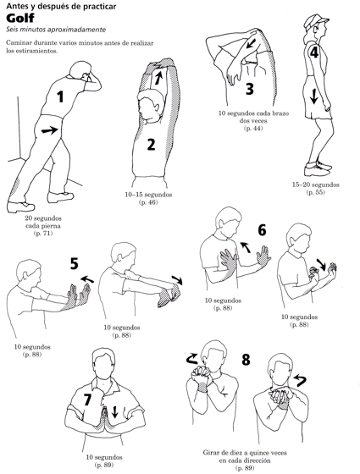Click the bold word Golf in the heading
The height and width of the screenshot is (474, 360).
tap(20, 18)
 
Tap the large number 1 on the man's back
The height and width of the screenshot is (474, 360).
tap(60, 96)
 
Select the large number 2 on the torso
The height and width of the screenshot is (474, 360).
tap(151, 144)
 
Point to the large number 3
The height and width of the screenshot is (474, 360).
tap(250, 89)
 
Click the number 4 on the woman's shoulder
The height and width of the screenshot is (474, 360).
tap(313, 52)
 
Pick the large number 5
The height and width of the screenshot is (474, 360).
tap(75, 263)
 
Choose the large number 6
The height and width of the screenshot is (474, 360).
tap(262, 230)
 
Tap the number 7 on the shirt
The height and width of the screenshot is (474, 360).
tap(87, 400)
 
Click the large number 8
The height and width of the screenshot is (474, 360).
tap(246, 360)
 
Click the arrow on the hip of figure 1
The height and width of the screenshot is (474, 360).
tap(49, 130)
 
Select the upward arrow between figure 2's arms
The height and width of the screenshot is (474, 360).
tap(158, 76)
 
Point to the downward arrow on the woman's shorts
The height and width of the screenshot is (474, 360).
tap(314, 96)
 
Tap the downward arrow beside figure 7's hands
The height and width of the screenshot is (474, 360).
tap(114, 411)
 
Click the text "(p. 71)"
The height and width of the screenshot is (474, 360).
tap(42, 233)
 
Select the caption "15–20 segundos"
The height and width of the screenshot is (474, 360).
tap(315, 185)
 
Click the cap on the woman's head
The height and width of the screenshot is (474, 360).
tap(315, 20)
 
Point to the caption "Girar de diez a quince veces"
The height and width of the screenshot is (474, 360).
tap(245, 453)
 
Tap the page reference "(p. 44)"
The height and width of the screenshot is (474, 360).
tap(253, 128)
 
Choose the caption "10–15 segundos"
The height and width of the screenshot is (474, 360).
tap(148, 195)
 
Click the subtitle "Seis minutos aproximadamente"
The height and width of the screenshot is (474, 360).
tap(56, 30)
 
